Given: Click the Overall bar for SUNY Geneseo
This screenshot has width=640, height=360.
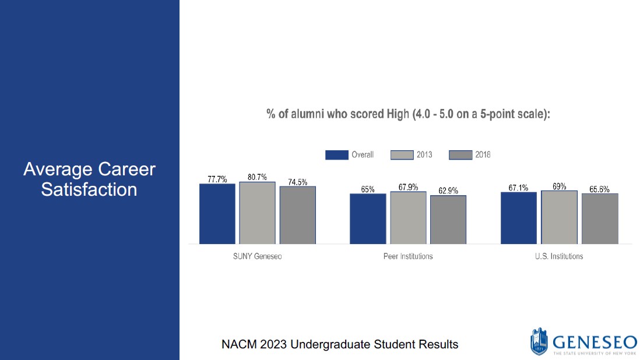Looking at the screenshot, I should point(217,214).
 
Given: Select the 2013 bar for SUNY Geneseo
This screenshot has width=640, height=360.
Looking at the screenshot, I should point(257,213).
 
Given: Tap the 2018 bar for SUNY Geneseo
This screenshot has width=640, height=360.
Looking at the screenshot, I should point(297,215).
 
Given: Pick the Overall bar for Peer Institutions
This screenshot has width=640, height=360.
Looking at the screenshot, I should point(368,218).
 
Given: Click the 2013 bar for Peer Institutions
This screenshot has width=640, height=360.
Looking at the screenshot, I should point(408,217).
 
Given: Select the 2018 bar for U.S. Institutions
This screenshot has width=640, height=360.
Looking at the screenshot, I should point(600,218).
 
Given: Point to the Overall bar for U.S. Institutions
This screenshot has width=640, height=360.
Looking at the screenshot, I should point(518,218).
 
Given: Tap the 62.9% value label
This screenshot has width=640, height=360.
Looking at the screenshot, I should point(448,190).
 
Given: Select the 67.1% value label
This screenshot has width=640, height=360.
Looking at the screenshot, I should point(518,188).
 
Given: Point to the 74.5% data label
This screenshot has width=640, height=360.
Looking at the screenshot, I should point(297,182).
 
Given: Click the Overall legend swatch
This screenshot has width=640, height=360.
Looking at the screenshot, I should point(336,155).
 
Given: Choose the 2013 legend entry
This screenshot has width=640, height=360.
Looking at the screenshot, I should point(412,155).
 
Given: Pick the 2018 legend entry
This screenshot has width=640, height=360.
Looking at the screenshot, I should point(470,155).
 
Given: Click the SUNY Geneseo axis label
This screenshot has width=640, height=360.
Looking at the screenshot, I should point(257,256).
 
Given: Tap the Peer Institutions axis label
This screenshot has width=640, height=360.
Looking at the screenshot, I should point(408,256).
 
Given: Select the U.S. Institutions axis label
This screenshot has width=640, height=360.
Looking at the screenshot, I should point(559,256).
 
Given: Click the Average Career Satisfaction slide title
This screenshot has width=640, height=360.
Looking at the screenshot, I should point(89,179).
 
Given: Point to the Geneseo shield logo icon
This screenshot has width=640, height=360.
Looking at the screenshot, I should point(539,341).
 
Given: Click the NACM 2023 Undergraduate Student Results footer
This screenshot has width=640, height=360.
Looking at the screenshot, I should point(340,344).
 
